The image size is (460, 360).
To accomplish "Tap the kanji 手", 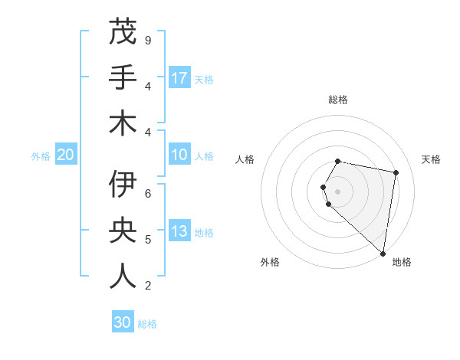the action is (123, 77).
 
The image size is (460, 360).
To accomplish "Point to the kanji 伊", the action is (123, 185).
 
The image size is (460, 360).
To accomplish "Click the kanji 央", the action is (123, 231).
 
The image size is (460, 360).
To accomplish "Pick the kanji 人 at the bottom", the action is (123, 277).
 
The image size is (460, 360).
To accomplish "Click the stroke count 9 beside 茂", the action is (147, 40).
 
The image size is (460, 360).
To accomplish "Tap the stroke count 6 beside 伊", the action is (147, 194).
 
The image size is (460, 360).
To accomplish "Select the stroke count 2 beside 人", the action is (147, 286).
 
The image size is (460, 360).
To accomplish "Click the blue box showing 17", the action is (179, 78).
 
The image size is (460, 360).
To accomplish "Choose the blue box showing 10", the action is (179, 155).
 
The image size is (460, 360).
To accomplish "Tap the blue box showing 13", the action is (179, 232).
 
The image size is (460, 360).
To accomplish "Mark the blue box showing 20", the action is (65, 155).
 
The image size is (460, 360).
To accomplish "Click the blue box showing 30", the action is (123, 322).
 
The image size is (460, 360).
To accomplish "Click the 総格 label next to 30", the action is (147, 324).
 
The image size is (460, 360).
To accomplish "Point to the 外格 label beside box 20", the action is (41, 156).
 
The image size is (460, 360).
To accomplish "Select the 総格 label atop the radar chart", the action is (338, 100).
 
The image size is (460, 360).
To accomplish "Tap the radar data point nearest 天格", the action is (396, 172).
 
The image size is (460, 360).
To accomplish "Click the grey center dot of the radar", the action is (338, 191).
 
